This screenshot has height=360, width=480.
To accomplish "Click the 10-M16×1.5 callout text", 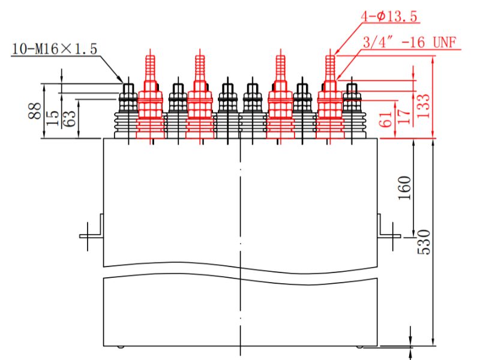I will point(54,49).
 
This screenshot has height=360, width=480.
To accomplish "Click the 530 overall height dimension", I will point(424,240).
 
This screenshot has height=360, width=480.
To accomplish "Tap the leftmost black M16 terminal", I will point(128,108).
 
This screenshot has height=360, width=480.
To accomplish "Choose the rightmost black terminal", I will point(350,108).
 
